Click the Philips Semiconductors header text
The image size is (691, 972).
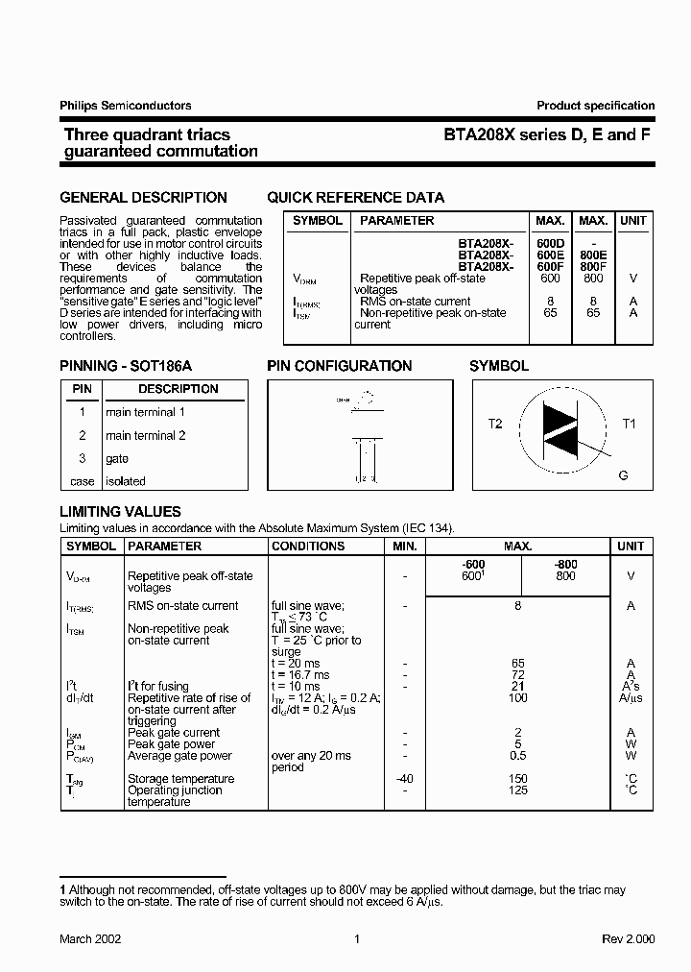(x=126, y=106)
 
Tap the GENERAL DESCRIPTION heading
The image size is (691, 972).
(x=143, y=198)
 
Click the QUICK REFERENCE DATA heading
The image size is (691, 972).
(x=355, y=198)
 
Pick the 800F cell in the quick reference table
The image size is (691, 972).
(x=593, y=267)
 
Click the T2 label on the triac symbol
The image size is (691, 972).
(x=495, y=424)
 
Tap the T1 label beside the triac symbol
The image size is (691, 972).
(x=630, y=424)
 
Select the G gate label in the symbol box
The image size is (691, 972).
(x=624, y=475)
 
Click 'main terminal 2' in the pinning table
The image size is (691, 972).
(x=146, y=435)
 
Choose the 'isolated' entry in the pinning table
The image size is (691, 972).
(x=126, y=481)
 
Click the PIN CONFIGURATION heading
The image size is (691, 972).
(x=339, y=366)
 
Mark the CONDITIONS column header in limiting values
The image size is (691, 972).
(x=308, y=546)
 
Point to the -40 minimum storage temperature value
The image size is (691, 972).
(x=405, y=779)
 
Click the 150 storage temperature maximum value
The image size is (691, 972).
(x=517, y=779)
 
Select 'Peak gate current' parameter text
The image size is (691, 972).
(x=174, y=733)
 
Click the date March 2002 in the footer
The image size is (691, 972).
(x=90, y=939)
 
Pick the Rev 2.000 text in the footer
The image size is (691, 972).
(x=630, y=939)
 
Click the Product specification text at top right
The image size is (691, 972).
(x=595, y=106)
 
